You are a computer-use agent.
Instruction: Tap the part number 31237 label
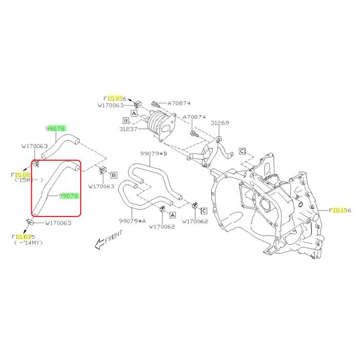point(129,129)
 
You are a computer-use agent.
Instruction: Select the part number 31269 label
point(220,123)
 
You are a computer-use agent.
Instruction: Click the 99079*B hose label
point(154,153)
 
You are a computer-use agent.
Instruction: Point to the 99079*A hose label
point(133,221)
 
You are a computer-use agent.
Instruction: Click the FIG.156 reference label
point(340,210)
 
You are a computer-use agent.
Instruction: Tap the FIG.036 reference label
point(115,99)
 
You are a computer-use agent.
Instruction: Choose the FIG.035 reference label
point(23,237)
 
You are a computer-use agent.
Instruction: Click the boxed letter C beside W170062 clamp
point(204,211)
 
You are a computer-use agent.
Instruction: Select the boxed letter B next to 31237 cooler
point(126,120)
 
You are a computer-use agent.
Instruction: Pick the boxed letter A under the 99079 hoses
point(173,215)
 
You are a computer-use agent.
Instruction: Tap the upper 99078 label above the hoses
point(56,129)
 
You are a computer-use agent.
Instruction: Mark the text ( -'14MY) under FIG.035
point(28,243)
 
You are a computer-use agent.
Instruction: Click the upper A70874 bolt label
point(179,103)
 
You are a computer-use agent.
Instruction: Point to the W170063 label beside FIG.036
point(111,105)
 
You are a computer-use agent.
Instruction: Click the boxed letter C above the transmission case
point(242,151)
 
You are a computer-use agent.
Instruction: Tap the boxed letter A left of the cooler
point(134,113)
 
